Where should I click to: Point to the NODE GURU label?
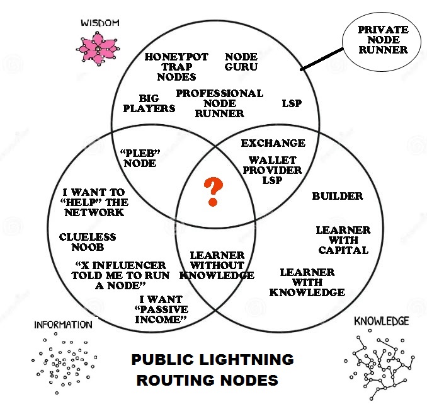tap(241, 61)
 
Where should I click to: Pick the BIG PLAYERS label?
tap(149, 103)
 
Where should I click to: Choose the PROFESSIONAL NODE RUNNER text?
tap(219, 103)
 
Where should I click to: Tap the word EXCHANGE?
tap(273, 143)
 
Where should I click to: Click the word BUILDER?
tap(338, 196)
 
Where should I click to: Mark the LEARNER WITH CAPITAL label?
tap(343, 239)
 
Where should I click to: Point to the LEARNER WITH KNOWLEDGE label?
tap(307, 282)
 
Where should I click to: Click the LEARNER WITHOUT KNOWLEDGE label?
tap(217, 265)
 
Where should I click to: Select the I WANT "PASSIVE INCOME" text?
tap(161, 309)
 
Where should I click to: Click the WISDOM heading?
tap(100, 23)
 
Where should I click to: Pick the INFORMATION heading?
tap(63, 325)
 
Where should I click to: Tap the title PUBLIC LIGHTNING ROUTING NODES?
tap(212, 370)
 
